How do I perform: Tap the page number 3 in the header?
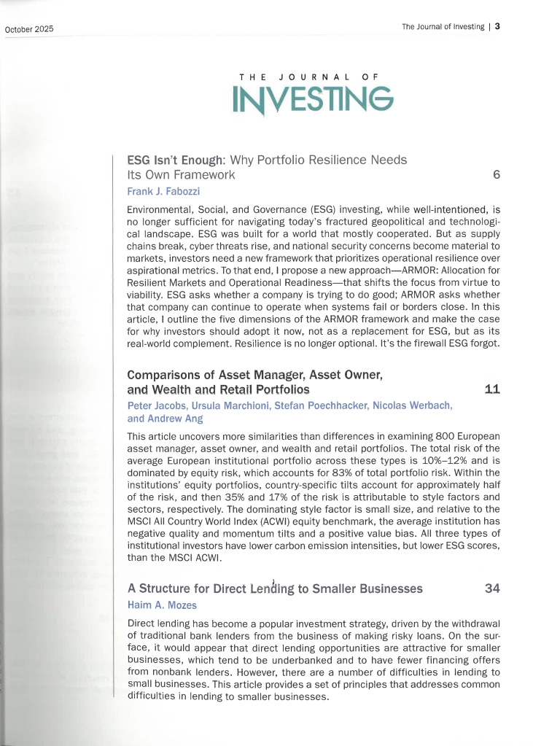(497, 27)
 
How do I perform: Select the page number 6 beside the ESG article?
(496, 175)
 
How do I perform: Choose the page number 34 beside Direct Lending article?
(491, 589)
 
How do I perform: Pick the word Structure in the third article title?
(169, 589)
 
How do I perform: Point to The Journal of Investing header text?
(443, 27)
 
